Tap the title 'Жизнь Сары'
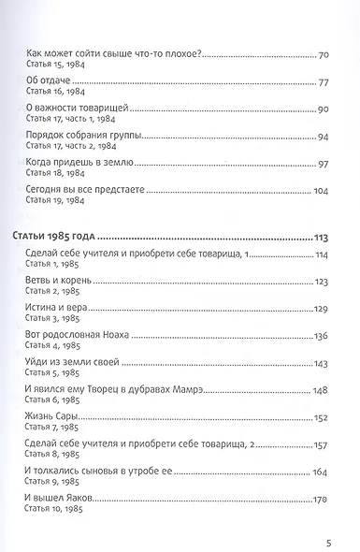click(58, 417)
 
